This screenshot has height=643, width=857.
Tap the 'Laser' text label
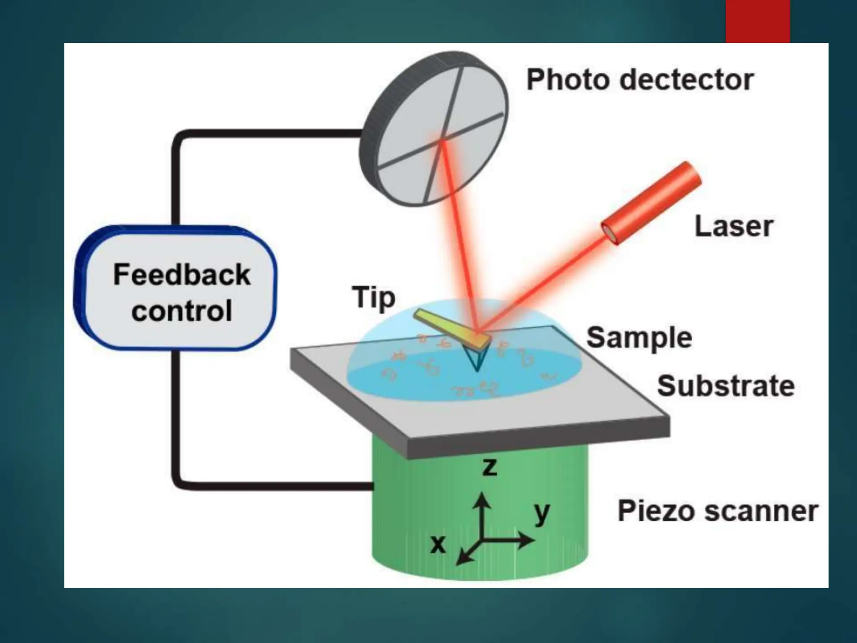tap(734, 226)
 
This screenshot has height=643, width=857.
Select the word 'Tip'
tap(373, 298)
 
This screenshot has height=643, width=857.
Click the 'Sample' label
tap(639, 337)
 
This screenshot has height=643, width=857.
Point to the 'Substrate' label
tap(726, 386)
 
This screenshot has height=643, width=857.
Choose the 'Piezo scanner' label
tap(718, 511)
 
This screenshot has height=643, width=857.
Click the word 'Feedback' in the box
tap(182, 275)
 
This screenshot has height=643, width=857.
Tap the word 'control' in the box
tap(182, 311)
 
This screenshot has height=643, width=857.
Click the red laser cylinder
tap(651, 203)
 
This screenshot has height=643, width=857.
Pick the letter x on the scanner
tap(438, 544)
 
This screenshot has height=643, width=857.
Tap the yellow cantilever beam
tap(452, 329)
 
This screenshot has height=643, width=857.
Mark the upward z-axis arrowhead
tap(483, 499)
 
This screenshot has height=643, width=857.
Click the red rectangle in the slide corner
tap(757, 21)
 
